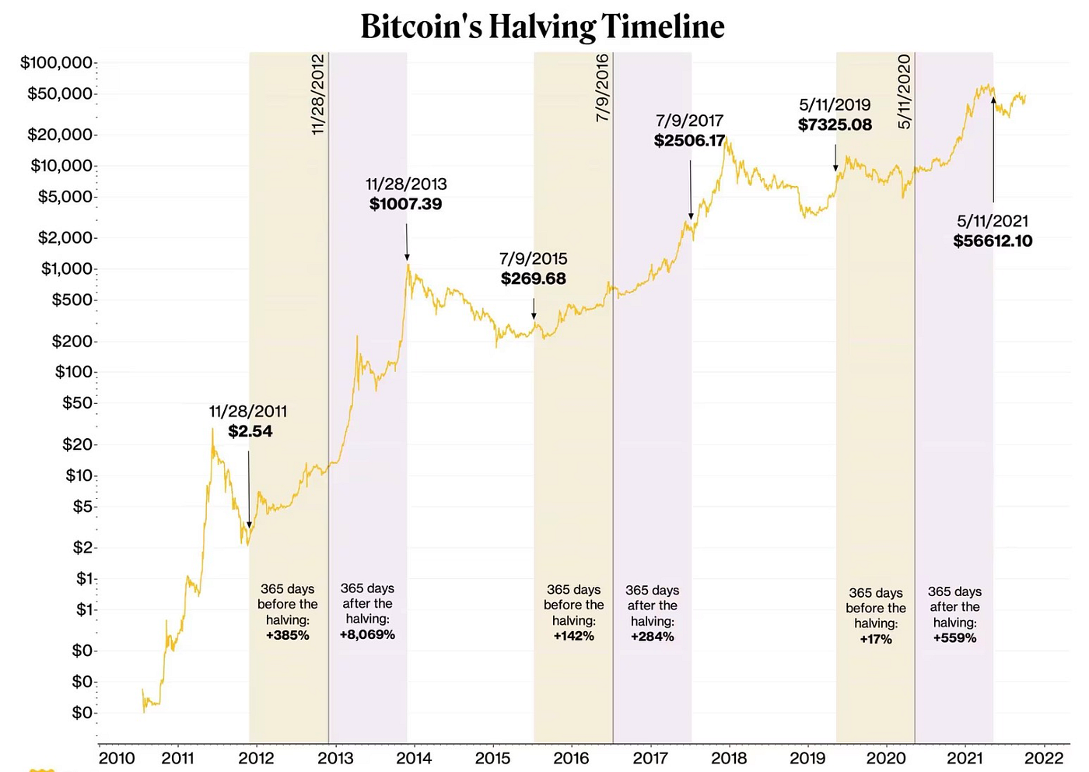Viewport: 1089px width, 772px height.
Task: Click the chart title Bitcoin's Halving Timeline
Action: (542, 26)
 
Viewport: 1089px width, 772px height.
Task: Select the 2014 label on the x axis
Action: (414, 757)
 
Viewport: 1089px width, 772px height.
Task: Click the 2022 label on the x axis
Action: (1043, 757)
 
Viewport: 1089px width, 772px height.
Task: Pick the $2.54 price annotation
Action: (250, 431)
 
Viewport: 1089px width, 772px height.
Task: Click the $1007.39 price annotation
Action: (405, 204)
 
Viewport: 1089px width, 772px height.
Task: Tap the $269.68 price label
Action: (533, 279)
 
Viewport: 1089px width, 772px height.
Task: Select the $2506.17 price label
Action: (689, 141)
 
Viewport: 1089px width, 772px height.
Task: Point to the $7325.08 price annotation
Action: (835, 125)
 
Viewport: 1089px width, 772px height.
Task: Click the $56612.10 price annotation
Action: (993, 241)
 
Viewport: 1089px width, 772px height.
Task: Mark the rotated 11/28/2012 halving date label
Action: (317, 95)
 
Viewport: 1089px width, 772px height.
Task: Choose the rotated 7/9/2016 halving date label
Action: (602, 88)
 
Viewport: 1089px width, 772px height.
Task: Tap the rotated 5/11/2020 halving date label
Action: (904, 92)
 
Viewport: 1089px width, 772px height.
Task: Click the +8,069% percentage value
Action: (367, 634)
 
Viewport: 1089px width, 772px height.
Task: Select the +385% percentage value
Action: (287, 635)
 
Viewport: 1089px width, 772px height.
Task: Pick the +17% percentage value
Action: (875, 639)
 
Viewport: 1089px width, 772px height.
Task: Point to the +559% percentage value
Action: (954, 638)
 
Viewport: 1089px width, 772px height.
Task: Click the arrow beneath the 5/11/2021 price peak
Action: (993, 148)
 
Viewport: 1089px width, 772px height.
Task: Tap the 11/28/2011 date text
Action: (247, 412)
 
